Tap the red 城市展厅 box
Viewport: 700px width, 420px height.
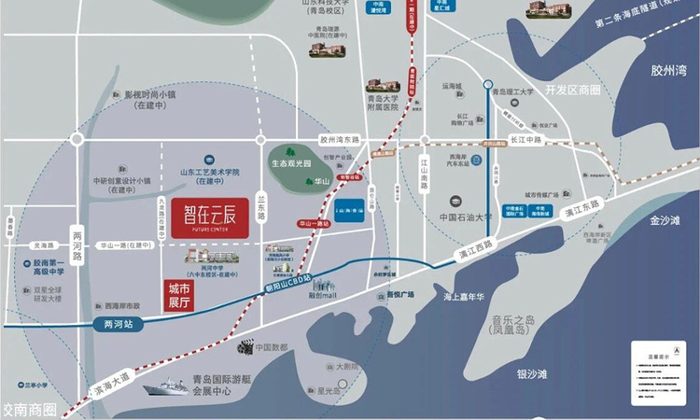coord(177,296)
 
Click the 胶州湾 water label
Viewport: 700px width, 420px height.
coord(668,69)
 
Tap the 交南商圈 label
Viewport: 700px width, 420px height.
coord(30,409)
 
